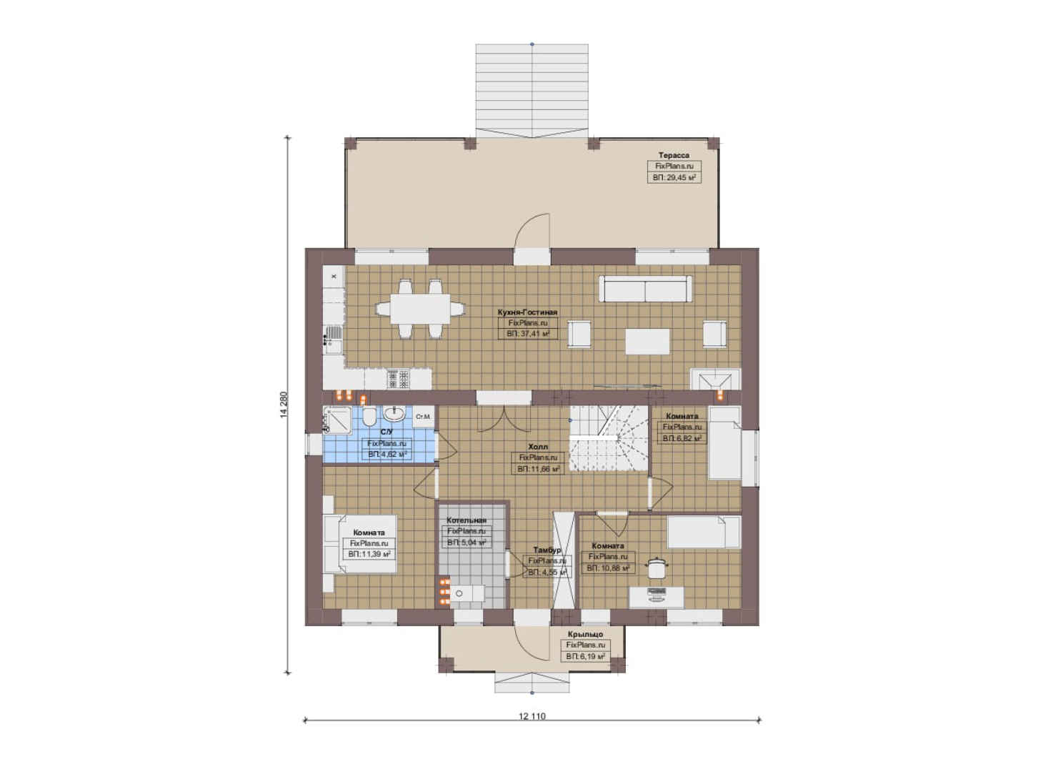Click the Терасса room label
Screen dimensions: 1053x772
click(674, 155)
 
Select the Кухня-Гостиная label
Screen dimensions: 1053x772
click(527, 312)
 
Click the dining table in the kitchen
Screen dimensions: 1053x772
click(419, 309)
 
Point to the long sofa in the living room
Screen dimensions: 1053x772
click(645, 289)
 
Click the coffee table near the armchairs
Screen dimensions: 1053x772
click(647, 341)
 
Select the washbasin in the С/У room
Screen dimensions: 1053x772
click(394, 414)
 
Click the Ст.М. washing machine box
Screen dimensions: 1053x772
click(423, 416)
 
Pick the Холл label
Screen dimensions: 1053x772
click(538, 447)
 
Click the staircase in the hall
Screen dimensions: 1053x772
click(609, 438)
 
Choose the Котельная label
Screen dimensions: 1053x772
click(466, 520)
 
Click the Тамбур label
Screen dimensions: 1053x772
click(547, 550)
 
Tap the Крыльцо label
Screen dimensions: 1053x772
click(585, 634)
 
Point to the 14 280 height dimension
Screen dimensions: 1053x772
click(283, 405)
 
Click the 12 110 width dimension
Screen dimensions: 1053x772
click(532, 716)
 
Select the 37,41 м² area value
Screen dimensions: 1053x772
click(528, 334)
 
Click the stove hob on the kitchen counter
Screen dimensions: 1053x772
click(398, 379)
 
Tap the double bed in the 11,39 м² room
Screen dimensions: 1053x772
click(360, 543)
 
